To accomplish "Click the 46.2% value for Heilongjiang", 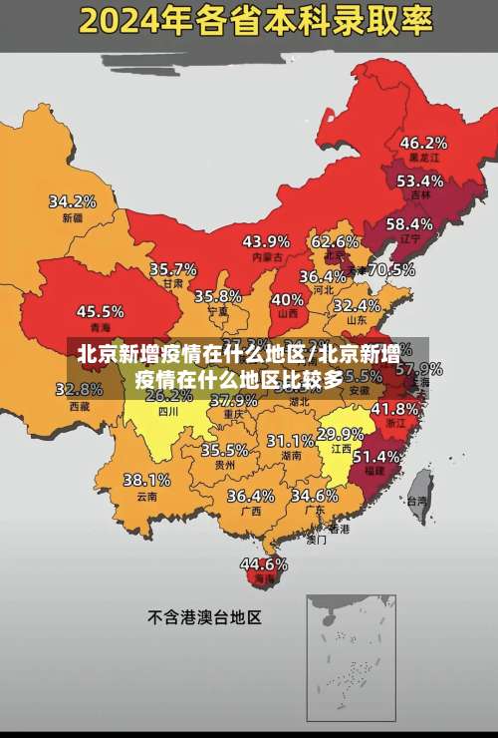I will (x=423, y=143).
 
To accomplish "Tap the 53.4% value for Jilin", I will (x=419, y=182).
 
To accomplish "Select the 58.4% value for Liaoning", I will (x=409, y=224).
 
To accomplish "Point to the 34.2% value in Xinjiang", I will (x=73, y=201).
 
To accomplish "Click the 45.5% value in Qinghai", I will (x=101, y=311).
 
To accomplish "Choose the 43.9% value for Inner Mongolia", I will (x=266, y=241).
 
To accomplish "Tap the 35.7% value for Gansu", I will (x=173, y=269).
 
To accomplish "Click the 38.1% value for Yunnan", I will (x=146, y=481).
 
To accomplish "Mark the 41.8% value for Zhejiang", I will (x=394, y=409).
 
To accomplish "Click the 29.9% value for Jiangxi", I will (x=341, y=434).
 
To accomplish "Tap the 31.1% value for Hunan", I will (x=290, y=441).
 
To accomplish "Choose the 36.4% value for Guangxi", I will (x=250, y=496).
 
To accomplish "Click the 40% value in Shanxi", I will (x=288, y=299).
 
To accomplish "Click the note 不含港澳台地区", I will (x=204, y=617).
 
